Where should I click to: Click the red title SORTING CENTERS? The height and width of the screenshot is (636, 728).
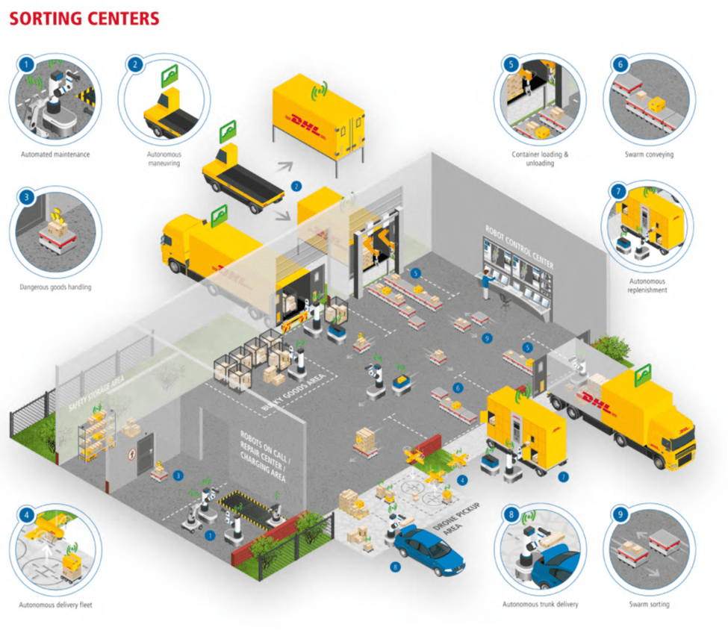click(x=84, y=18)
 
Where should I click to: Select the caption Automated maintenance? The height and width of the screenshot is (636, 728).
click(x=56, y=155)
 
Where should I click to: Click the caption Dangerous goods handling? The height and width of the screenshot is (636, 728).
click(x=56, y=286)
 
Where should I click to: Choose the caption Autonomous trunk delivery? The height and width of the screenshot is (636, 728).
click(x=540, y=604)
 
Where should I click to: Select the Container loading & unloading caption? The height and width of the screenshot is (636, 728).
click(x=540, y=158)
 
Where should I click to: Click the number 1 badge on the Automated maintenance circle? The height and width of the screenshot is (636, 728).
click(x=26, y=64)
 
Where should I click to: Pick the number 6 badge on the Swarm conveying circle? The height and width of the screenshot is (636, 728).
click(x=620, y=64)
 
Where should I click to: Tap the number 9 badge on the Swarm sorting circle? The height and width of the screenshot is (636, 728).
click(x=620, y=514)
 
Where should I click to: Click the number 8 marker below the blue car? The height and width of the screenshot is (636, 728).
click(x=396, y=567)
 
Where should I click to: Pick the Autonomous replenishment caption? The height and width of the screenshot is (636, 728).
click(x=647, y=286)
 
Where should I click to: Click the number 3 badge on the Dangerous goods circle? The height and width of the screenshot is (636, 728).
click(x=27, y=197)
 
